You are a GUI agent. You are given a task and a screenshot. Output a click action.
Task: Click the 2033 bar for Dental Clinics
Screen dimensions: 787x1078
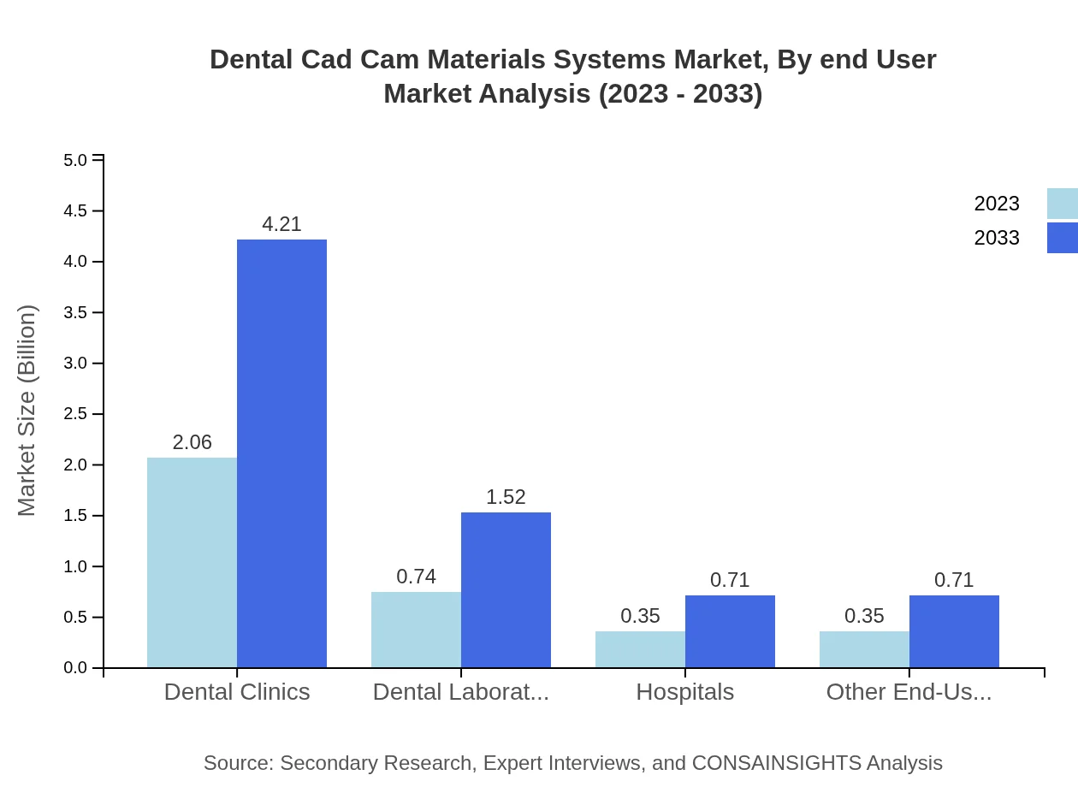pyautogui.click(x=281, y=453)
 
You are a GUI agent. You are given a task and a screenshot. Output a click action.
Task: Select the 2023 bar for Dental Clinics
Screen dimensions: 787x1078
pyautogui.click(x=192, y=562)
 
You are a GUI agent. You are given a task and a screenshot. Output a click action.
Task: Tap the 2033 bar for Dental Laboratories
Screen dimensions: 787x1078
pyautogui.click(x=506, y=590)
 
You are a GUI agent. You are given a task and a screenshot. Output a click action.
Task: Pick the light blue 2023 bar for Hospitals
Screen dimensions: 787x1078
pyautogui.click(x=640, y=649)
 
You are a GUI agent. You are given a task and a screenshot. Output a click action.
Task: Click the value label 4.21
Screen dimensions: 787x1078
pyautogui.click(x=281, y=224)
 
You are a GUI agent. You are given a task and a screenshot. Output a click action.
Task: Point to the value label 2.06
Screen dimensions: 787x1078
pyautogui.click(x=192, y=442)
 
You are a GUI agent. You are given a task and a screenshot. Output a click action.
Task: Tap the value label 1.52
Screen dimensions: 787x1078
pyautogui.click(x=506, y=497)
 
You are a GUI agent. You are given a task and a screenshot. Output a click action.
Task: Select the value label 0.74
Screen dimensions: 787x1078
pyautogui.click(x=416, y=577)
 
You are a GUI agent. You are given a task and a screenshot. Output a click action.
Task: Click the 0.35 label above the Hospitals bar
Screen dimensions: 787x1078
pyautogui.click(x=640, y=616)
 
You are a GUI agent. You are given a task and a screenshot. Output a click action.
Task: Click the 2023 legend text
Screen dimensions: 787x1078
pyautogui.click(x=997, y=204)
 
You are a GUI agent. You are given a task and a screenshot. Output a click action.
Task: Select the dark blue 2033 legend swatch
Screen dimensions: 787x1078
pyautogui.click(x=1062, y=238)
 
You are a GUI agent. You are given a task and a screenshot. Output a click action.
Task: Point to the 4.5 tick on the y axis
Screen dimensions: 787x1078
pyautogui.click(x=76, y=211)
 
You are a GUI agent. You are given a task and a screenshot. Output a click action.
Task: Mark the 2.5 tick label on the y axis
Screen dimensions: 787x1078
pyautogui.click(x=76, y=414)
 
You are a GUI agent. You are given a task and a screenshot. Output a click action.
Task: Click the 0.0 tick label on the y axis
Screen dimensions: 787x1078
pyautogui.click(x=76, y=668)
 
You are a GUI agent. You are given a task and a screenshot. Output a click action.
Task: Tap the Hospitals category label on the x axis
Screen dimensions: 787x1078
pyautogui.click(x=684, y=691)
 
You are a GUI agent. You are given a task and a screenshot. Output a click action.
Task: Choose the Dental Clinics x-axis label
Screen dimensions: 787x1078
pyautogui.click(x=237, y=691)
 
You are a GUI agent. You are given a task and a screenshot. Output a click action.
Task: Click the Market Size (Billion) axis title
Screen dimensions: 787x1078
pyautogui.click(x=27, y=411)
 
